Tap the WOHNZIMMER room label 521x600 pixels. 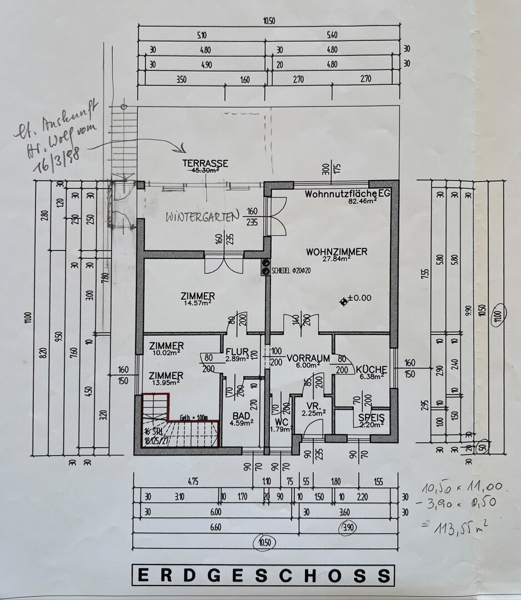(336, 252)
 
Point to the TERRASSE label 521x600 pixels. (206, 163)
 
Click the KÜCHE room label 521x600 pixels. (371, 369)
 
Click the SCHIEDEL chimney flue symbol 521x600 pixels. (265, 267)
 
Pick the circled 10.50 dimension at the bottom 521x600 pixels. (264, 541)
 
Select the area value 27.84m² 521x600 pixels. (337, 259)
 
